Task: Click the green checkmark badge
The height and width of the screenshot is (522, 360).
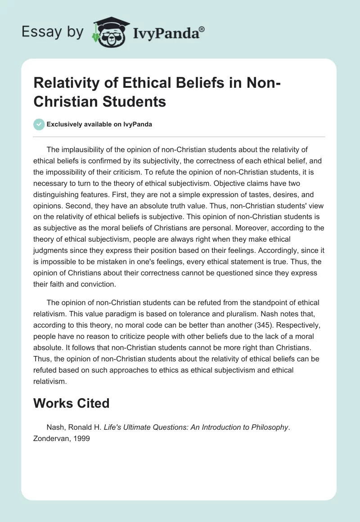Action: click(x=39, y=124)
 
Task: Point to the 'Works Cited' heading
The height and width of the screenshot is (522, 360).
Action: click(x=72, y=403)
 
